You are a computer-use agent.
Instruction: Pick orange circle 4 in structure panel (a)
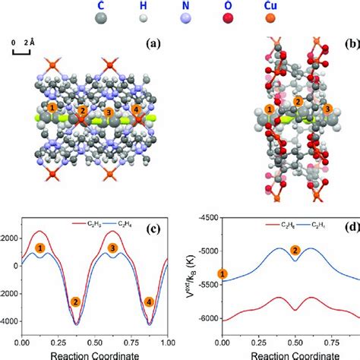point(137,112)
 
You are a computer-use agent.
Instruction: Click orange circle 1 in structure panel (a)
point(52,109)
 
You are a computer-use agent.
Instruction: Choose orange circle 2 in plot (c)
point(75,302)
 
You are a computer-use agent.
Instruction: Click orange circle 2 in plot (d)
point(296,249)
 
